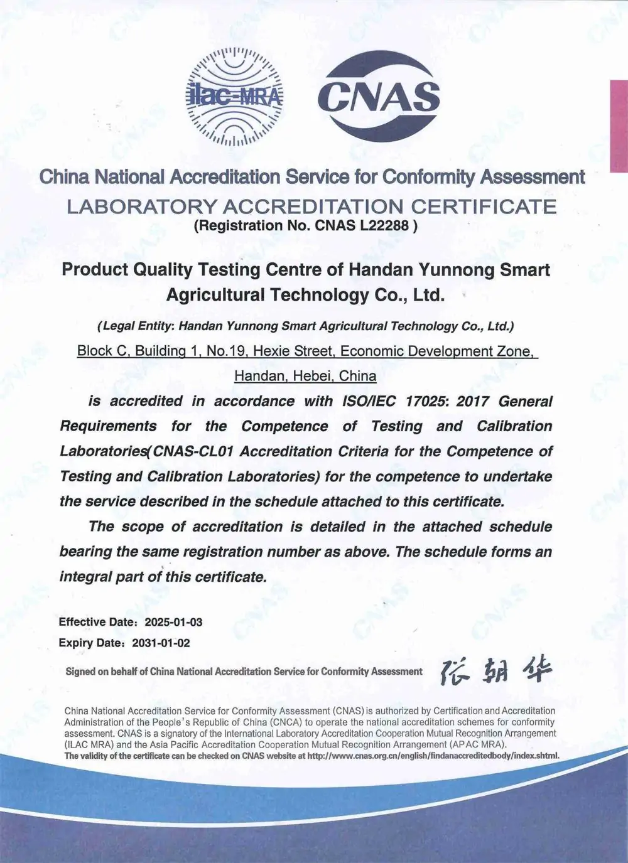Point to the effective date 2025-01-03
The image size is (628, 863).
tap(173, 623)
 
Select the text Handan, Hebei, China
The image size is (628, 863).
tap(305, 376)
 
